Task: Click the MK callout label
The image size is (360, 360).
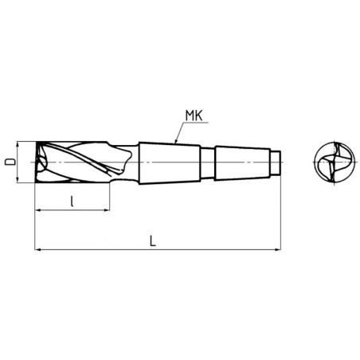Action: [x=194, y=116]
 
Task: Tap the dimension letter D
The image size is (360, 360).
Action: [x=10, y=162]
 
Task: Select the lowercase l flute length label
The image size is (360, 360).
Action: [x=72, y=202]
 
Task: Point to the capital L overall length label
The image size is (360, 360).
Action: [x=153, y=241]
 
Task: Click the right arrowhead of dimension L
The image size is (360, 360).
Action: [x=277, y=249]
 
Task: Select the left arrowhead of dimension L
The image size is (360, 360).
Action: [x=38, y=249]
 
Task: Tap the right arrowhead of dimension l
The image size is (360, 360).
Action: [x=106, y=210]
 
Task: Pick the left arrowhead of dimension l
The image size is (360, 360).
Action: [x=38, y=210]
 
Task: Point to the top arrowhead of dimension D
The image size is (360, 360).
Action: [x=18, y=145]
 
